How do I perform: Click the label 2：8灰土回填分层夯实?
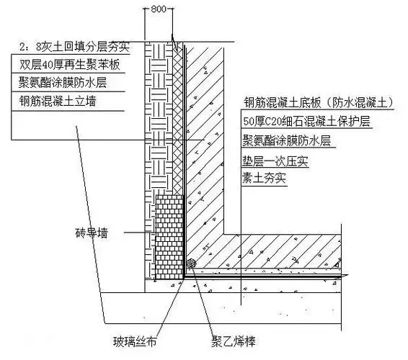66,49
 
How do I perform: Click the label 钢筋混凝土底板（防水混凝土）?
320,103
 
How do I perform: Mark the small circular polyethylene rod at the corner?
191,265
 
